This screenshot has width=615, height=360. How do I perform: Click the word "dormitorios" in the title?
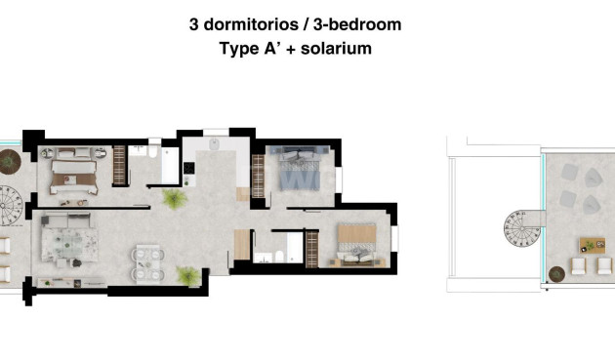[251, 24]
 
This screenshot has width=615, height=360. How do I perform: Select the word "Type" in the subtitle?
[237, 50]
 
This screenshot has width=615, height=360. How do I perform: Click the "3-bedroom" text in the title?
[357, 25]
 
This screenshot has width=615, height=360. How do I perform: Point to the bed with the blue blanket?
[300, 169]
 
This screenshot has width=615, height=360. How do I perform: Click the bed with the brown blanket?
[74, 172]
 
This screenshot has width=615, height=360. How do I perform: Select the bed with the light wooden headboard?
[357, 244]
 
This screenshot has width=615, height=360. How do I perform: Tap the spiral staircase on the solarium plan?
[522, 228]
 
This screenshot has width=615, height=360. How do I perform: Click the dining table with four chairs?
[147, 262]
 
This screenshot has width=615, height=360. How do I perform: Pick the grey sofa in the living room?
[66, 220]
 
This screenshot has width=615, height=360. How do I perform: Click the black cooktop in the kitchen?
[189, 168]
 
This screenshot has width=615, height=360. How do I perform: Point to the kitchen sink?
[215, 144]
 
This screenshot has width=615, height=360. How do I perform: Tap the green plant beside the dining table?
[188, 275]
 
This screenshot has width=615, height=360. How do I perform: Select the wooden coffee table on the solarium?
[593, 246]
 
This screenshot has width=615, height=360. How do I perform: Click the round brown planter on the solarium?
[556, 274]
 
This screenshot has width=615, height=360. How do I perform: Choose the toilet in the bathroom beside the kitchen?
[153, 151]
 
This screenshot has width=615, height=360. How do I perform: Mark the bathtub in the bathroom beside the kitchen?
[170, 165]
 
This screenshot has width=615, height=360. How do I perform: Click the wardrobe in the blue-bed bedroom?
[258, 176]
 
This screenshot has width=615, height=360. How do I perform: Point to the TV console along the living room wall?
[71, 282]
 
